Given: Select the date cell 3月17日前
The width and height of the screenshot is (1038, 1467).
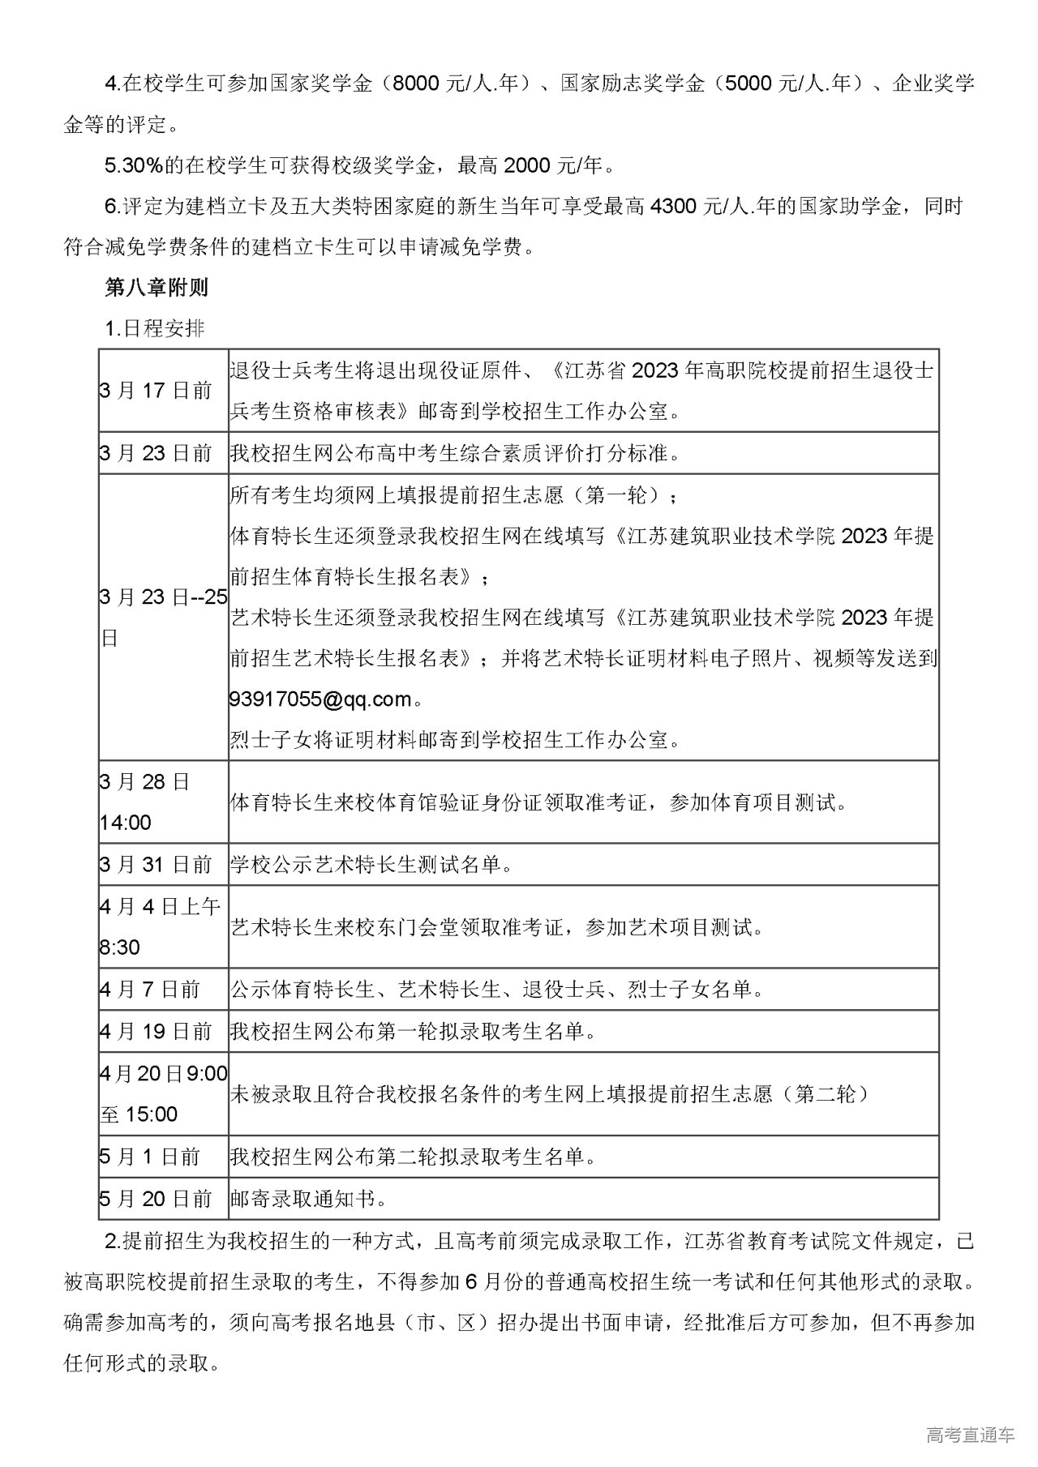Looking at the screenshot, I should coord(156,391).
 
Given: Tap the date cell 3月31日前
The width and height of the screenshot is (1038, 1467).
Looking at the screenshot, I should coord(156,865).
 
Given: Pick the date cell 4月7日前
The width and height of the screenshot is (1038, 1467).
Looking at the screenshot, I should coord(150,989).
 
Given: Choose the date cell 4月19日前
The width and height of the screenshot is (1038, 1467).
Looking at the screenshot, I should coord(156,1031).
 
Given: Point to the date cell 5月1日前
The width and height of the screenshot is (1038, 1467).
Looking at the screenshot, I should coord(150,1157).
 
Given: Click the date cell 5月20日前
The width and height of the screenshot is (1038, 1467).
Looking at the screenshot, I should coord(156,1199).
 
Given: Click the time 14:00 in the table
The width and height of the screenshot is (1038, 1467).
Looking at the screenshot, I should coord(126,823).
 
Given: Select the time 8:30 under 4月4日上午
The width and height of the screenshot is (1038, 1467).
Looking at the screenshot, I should coord(120,947).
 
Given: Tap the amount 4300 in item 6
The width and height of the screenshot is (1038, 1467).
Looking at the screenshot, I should coord(673,206).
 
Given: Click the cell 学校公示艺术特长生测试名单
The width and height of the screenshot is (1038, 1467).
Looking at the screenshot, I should coord(371,865).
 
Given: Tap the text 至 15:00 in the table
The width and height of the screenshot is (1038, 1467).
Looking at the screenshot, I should coord(139,1114).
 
